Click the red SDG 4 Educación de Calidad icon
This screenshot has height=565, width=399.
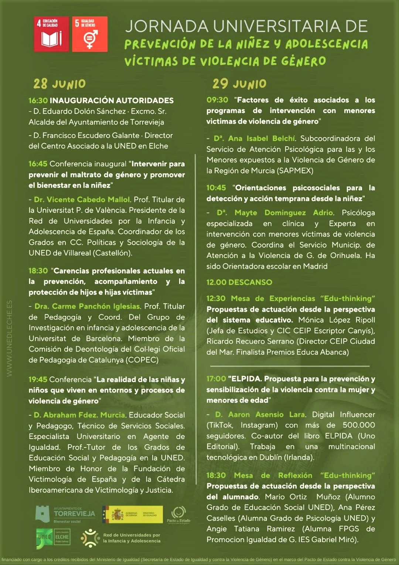click(51, 34)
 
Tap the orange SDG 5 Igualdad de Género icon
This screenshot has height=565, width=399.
click(90, 34)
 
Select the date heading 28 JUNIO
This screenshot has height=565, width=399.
click(59, 84)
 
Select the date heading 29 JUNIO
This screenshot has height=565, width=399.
click(239, 84)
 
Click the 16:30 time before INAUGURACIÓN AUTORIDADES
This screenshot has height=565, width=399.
click(38, 101)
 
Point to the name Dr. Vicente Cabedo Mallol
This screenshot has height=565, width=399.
click(82, 200)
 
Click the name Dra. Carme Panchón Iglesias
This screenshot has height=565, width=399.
click(87, 306)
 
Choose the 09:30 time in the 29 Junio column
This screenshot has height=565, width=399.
click(217, 100)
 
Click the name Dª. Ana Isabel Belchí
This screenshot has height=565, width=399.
click(255, 139)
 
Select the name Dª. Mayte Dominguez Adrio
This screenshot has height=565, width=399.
click(275, 213)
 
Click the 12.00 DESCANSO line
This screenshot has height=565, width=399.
click(239, 282)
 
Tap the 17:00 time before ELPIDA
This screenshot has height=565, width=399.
click(216, 379)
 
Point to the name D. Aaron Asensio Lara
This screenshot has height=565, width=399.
click(260, 415)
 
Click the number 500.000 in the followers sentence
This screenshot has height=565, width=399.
click(358, 425)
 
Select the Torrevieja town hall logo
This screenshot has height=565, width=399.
click(65, 514)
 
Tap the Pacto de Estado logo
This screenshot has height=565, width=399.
click(178, 515)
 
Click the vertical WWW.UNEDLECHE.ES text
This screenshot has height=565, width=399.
click(10, 338)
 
